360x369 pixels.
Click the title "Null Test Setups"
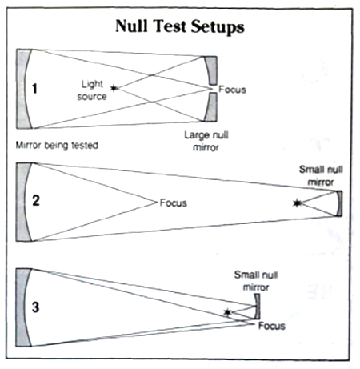(180, 26)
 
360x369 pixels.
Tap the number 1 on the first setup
(34, 89)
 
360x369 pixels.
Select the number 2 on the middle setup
(36, 200)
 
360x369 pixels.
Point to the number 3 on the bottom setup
(35, 307)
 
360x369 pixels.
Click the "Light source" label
(92, 90)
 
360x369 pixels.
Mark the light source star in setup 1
(114, 87)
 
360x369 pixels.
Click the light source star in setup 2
(297, 203)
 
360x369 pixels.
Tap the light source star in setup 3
(227, 312)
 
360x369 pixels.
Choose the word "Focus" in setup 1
(232, 90)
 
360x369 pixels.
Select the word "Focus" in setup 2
(174, 203)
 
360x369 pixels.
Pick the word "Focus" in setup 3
(272, 326)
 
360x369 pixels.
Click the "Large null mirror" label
(206, 141)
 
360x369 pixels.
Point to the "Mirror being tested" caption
(57, 146)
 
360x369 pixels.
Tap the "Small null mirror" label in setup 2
(321, 176)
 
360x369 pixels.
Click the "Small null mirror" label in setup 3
(256, 281)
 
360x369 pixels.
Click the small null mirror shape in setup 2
(339, 203)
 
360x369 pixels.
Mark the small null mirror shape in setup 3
(258, 307)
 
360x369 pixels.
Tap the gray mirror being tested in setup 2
(22, 202)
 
